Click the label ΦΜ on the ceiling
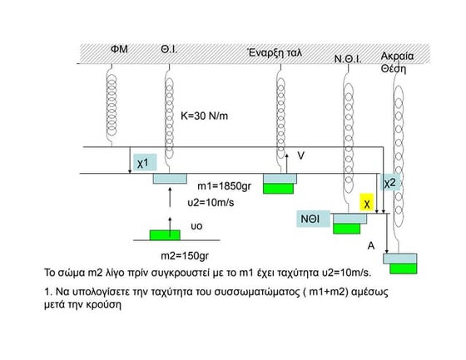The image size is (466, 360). click(119, 49)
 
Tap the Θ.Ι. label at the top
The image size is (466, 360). click(169, 49)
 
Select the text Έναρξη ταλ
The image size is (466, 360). click(275, 52)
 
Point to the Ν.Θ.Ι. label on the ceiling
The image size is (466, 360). click(348, 59)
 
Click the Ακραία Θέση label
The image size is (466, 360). click(397, 62)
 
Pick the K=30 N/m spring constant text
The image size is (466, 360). click(205, 116)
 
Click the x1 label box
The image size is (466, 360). click(145, 162)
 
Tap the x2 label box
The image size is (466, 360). click(390, 182)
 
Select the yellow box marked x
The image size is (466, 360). click(367, 202)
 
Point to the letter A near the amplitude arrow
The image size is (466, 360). click(371, 246)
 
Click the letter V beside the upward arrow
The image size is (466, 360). click(300, 155)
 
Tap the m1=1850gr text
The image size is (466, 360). click(225, 186)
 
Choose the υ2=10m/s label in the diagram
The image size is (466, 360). click(211, 203)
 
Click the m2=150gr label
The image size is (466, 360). click(185, 255)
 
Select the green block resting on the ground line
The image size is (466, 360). click(165, 235)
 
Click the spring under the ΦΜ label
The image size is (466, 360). click(112, 106)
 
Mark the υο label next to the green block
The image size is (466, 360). click(196, 226)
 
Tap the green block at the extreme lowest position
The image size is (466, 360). click(404, 269)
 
